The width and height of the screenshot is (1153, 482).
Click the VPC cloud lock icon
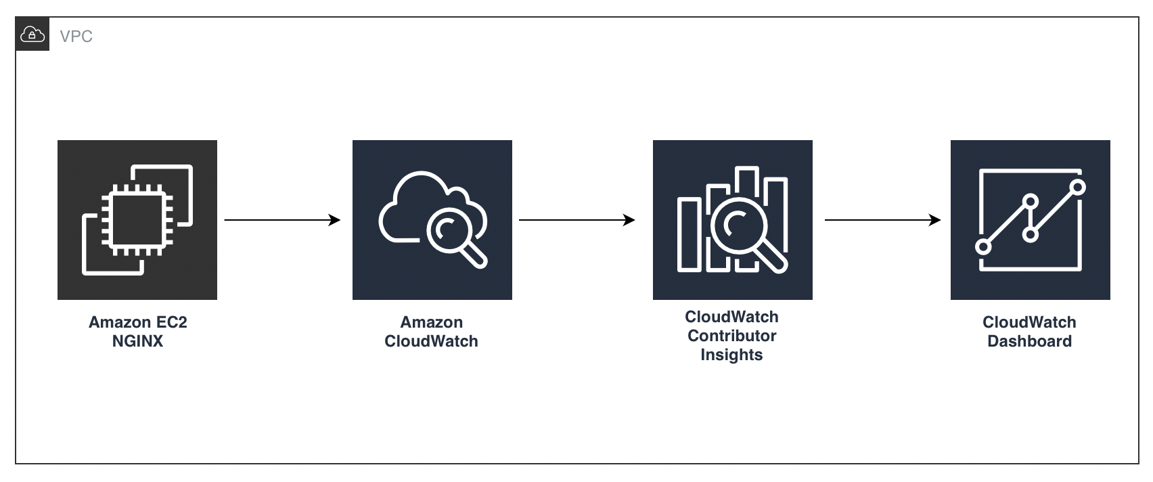click(32, 35)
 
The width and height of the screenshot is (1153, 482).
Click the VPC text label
click(76, 37)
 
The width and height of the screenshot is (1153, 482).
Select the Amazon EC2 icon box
click(137, 220)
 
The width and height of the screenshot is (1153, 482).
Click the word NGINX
click(137, 341)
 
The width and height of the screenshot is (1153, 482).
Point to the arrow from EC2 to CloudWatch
click(282, 220)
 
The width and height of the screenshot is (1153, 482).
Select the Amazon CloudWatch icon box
click(432, 220)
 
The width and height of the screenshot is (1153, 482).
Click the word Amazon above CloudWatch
click(432, 322)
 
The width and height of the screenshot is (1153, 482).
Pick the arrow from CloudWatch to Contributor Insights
click(576, 220)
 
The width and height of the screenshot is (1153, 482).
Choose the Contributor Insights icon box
click(732, 220)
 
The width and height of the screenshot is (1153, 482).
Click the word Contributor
click(731, 336)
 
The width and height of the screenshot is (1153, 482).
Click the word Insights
click(731, 355)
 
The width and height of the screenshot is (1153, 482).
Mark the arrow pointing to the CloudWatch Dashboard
click(882, 220)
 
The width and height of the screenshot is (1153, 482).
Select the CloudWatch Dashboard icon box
click(1030, 220)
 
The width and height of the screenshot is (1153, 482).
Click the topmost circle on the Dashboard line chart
click(1079, 186)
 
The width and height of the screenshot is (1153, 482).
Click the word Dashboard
click(1029, 341)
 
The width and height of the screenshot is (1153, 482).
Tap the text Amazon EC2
click(137, 322)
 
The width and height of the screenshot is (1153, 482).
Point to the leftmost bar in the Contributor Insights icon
click(689, 235)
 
